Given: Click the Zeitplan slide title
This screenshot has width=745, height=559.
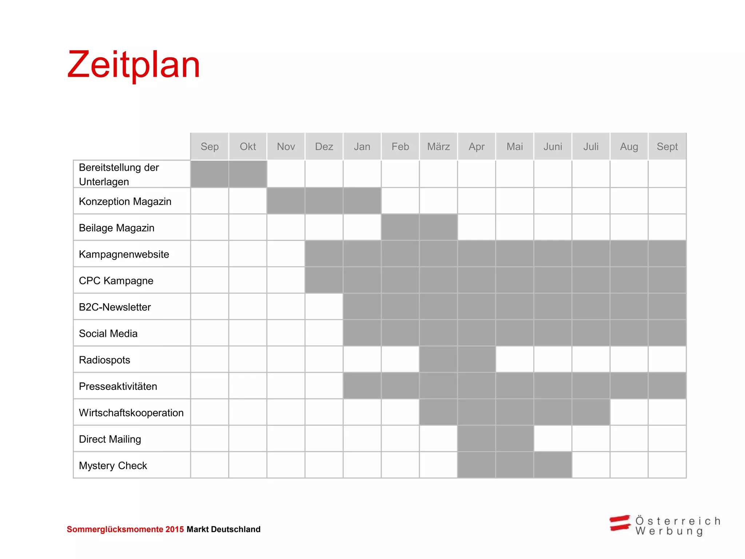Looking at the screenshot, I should pos(134,65).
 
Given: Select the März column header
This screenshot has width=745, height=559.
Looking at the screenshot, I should pos(438,147).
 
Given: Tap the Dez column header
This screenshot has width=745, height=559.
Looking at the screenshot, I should pos(324,147).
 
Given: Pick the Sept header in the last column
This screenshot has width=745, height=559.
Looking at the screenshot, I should pos(667,147).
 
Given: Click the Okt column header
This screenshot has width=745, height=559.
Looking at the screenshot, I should pos(248,147).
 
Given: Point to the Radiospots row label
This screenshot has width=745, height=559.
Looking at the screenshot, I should pos(104,360).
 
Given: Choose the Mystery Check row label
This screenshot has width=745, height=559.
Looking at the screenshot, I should pos(113,465).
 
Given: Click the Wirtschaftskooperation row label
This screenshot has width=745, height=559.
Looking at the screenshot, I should pos(131,413).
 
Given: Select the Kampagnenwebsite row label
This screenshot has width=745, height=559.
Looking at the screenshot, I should pos(124,254).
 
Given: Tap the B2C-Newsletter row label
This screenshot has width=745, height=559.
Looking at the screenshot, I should pos(115,307).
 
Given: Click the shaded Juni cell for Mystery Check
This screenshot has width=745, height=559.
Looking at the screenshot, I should pos(553,465).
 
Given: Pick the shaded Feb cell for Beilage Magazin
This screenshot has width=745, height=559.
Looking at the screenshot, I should pos(400,227).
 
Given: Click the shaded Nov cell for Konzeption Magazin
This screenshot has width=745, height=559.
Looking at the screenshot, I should pos(286,201).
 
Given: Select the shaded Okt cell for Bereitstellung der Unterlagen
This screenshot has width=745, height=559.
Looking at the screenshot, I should pos(248,174).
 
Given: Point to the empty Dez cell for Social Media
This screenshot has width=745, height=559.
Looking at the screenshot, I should pos(324,333).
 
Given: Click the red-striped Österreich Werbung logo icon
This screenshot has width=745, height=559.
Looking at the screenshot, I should pos(620,523).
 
